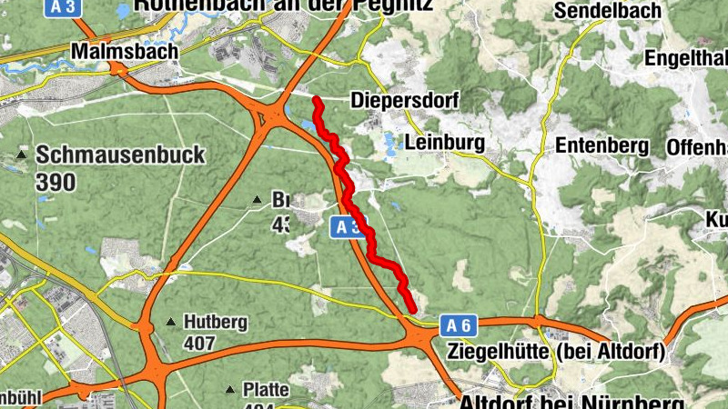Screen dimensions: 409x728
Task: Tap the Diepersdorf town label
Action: (405, 100)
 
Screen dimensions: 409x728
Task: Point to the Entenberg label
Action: (602, 145)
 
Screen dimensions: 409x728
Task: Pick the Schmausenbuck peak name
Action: (120, 155)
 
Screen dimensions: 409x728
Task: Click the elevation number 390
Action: (55, 181)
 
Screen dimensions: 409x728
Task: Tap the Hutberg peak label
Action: (215, 322)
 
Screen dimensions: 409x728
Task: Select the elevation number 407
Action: (198, 344)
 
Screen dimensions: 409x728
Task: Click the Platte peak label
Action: (266, 390)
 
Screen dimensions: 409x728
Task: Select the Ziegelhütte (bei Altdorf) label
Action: (557, 350)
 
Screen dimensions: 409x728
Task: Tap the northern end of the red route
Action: (315, 98)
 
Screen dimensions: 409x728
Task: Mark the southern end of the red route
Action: (414, 310)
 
